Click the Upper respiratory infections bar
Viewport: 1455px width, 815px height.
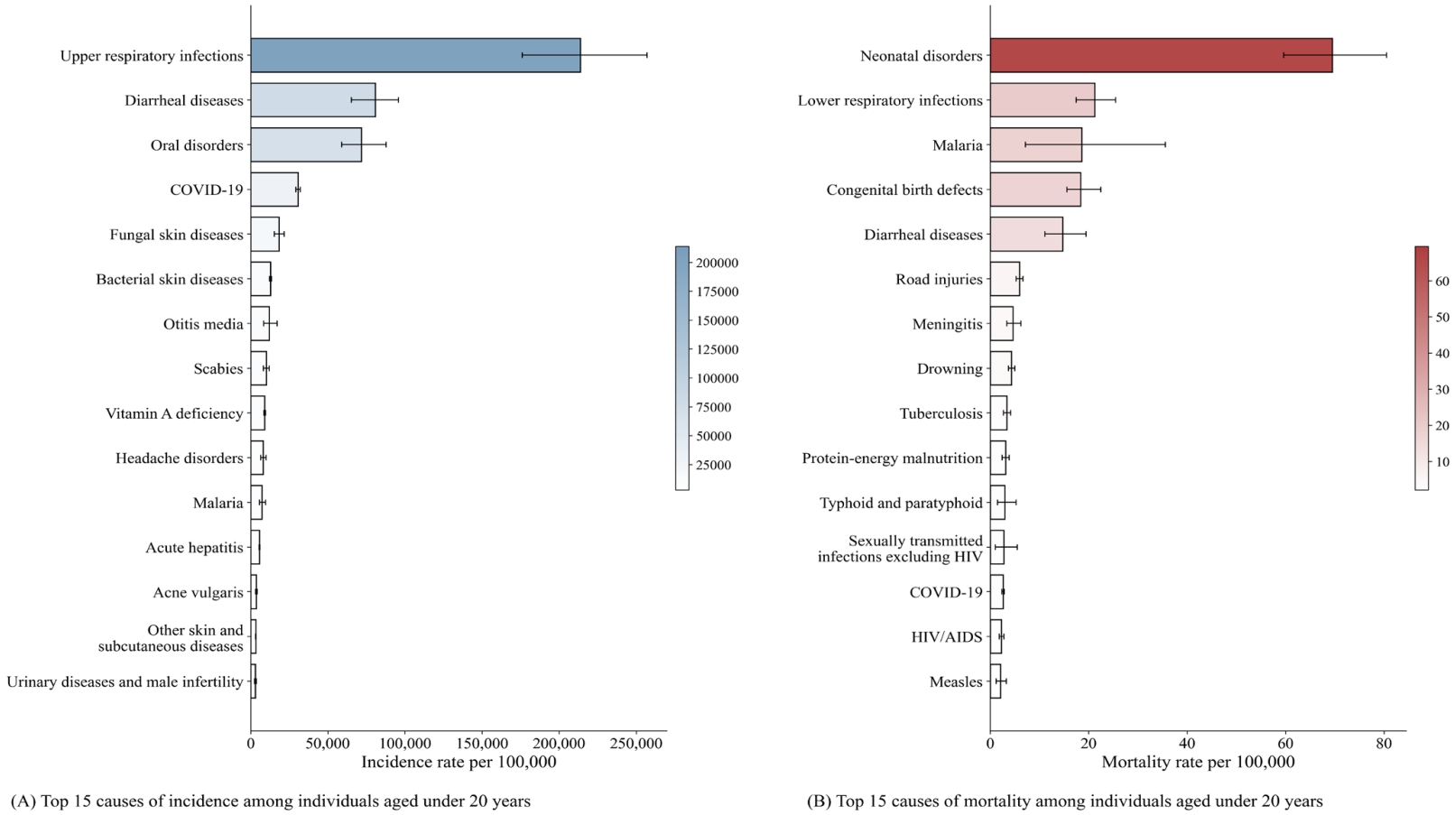coord(415,55)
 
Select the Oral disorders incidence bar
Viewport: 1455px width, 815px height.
coord(306,144)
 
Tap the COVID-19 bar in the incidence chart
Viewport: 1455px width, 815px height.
coord(274,190)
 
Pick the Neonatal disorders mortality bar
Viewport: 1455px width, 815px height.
coord(1161,55)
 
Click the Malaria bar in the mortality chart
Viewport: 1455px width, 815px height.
coord(1035,144)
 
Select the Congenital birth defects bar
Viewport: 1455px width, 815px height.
coord(1035,190)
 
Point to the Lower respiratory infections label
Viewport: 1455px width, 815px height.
coord(890,100)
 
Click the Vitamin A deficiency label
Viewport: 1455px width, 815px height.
coord(174,413)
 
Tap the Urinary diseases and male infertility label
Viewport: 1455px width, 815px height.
coord(125,681)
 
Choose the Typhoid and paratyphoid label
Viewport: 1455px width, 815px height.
coord(901,503)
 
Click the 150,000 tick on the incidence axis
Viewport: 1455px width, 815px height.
coord(482,744)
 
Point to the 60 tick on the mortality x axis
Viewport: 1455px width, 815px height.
coord(1285,744)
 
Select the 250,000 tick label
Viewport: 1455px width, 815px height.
coord(635,744)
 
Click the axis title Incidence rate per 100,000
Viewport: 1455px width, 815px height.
coord(459,762)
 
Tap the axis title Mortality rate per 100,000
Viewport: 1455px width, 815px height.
coord(1198,762)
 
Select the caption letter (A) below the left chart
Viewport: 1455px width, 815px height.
coord(23,801)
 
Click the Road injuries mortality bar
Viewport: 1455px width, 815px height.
coord(1005,279)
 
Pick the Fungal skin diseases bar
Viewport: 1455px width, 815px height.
coord(265,235)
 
